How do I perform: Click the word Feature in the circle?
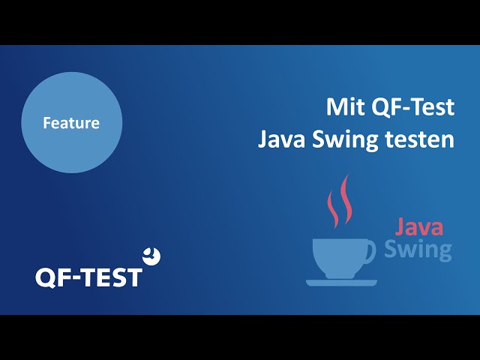(x=71, y=123)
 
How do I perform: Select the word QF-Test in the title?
(x=413, y=108)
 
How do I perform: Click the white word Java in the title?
(x=282, y=139)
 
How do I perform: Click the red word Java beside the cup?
(x=419, y=226)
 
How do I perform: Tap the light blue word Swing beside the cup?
(x=418, y=249)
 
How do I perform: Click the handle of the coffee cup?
(x=372, y=252)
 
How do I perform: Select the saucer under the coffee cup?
(x=342, y=283)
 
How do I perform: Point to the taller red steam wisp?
(x=346, y=199)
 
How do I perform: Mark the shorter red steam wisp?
(x=333, y=208)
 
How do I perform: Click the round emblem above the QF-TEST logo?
(x=151, y=256)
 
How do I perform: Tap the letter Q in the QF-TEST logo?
(x=46, y=278)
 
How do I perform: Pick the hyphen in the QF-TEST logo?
(x=78, y=278)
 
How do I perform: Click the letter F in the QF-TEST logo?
(x=65, y=277)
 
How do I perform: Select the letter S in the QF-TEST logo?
(x=115, y=277)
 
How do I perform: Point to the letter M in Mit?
(x=337, y=106)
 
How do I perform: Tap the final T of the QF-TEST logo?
(x=133, y=277)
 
